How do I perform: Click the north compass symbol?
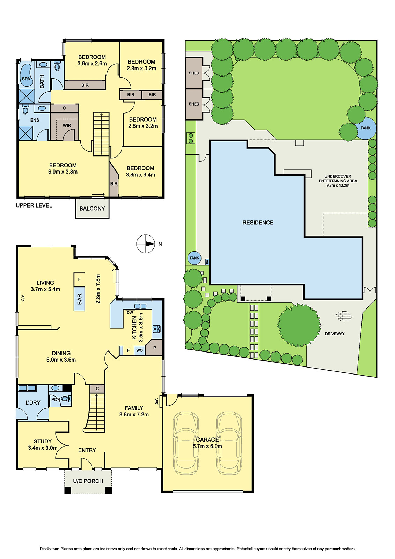pos(146,244)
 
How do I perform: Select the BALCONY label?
pos(92,209)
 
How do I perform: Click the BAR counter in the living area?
pos(79,299)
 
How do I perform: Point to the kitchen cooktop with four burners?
pos(156,329)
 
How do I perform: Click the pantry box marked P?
pos(154,348)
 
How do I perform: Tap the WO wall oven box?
pos(139,350)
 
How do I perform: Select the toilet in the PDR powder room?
pos(65,399)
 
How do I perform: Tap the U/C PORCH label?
pos(88,481)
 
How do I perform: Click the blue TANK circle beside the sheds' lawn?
pos(366,128)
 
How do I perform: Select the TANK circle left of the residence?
pos(194,258)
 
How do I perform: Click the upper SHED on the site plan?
pos(194,73)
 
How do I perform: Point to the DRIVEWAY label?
pos(335,334)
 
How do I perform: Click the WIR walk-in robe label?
pos(67,125)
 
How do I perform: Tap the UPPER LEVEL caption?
pos(34,205)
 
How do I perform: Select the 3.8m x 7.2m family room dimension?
pos(134,415)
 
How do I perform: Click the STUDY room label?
pos(43,441)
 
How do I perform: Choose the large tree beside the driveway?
pos(299,325)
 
